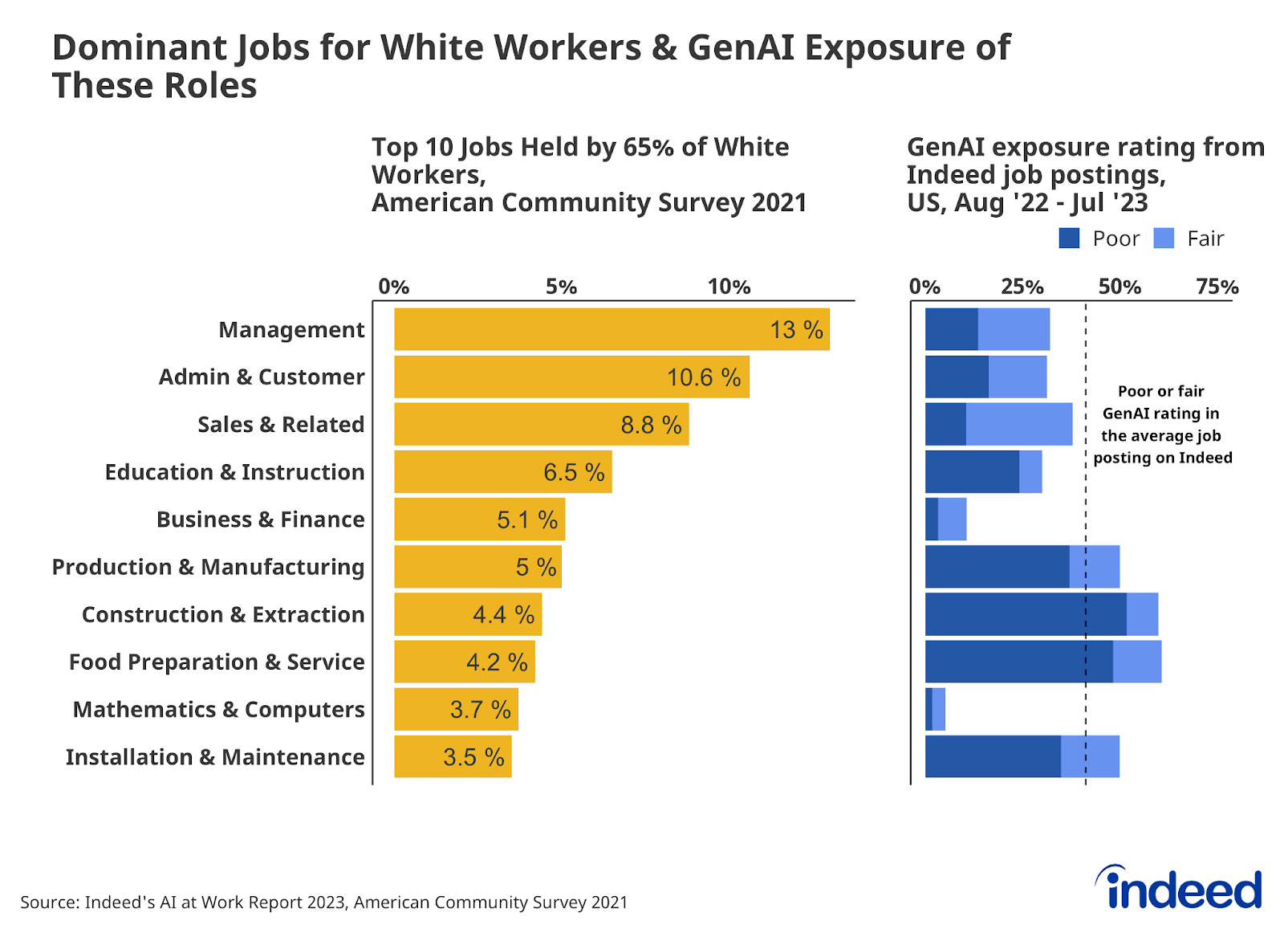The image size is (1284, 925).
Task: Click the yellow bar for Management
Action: coord(578,329)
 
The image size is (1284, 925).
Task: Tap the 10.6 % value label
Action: coord(703,377)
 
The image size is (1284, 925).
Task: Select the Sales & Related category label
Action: coord(281,424)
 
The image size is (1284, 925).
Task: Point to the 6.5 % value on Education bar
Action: coord(574,472)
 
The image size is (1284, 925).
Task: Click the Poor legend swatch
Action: coord(1069,238)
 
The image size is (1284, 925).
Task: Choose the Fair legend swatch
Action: coord(1164,238)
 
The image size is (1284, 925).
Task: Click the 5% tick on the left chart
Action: coord(561,287)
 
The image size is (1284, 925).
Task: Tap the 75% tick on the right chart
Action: coord(1217,287)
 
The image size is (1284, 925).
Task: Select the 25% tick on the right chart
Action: coord(1022,287)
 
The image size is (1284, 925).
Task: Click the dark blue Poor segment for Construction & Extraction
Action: coord(1025,614)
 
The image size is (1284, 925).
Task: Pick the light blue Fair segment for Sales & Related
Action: coord(1018,424)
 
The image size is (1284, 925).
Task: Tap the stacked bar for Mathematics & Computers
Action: coord(936,709)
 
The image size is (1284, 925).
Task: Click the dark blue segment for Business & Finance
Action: coord(932,520)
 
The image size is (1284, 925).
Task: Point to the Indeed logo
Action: coord(1180,889)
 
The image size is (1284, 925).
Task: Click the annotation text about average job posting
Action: coord(1161,425)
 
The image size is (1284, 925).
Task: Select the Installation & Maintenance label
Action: coord(214,757)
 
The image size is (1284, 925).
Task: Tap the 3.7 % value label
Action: coord(480,710)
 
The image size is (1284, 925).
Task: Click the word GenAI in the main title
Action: coord(740,47)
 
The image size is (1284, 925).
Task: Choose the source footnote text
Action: coord(323,903)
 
